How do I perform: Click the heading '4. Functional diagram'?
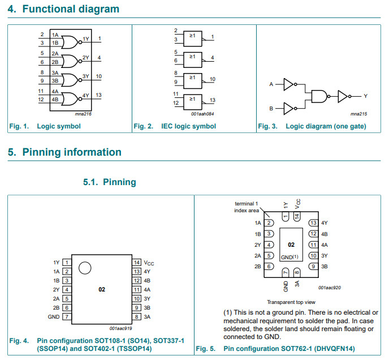pyautogui.click(x=63, y=9)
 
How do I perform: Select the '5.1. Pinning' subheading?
pyautogui.click(x=110, y=182)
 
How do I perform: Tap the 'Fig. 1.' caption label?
pyautogui.click(x=19, y=126)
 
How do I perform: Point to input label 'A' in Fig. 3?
pyautogui.click(x=271, y=84)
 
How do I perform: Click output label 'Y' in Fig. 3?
pyautogui.click(x=365, y=96)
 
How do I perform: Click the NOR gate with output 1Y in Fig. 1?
pyautogui.click(x=71, y=41)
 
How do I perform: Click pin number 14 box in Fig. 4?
pyautogui.click(x=137, y=263)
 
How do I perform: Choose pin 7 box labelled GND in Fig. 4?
pyautogui.click(x=67, y=317)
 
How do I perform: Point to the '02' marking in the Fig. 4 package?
pyautogui.click(x=102, y=289)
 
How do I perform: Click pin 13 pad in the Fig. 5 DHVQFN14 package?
pyautogui.click(x=312, y=223)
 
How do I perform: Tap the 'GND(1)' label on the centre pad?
pyautogui.click(x=290, y=257)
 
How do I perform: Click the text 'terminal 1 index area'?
pyautogui.click(x=246, y=207)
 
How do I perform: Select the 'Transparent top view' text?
pyautogui.click(x=291, y=302)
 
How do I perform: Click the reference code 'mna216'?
pyautogui.click(x=83, y=114)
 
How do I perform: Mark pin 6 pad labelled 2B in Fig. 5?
pyautogui.click(x=270, y=266)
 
